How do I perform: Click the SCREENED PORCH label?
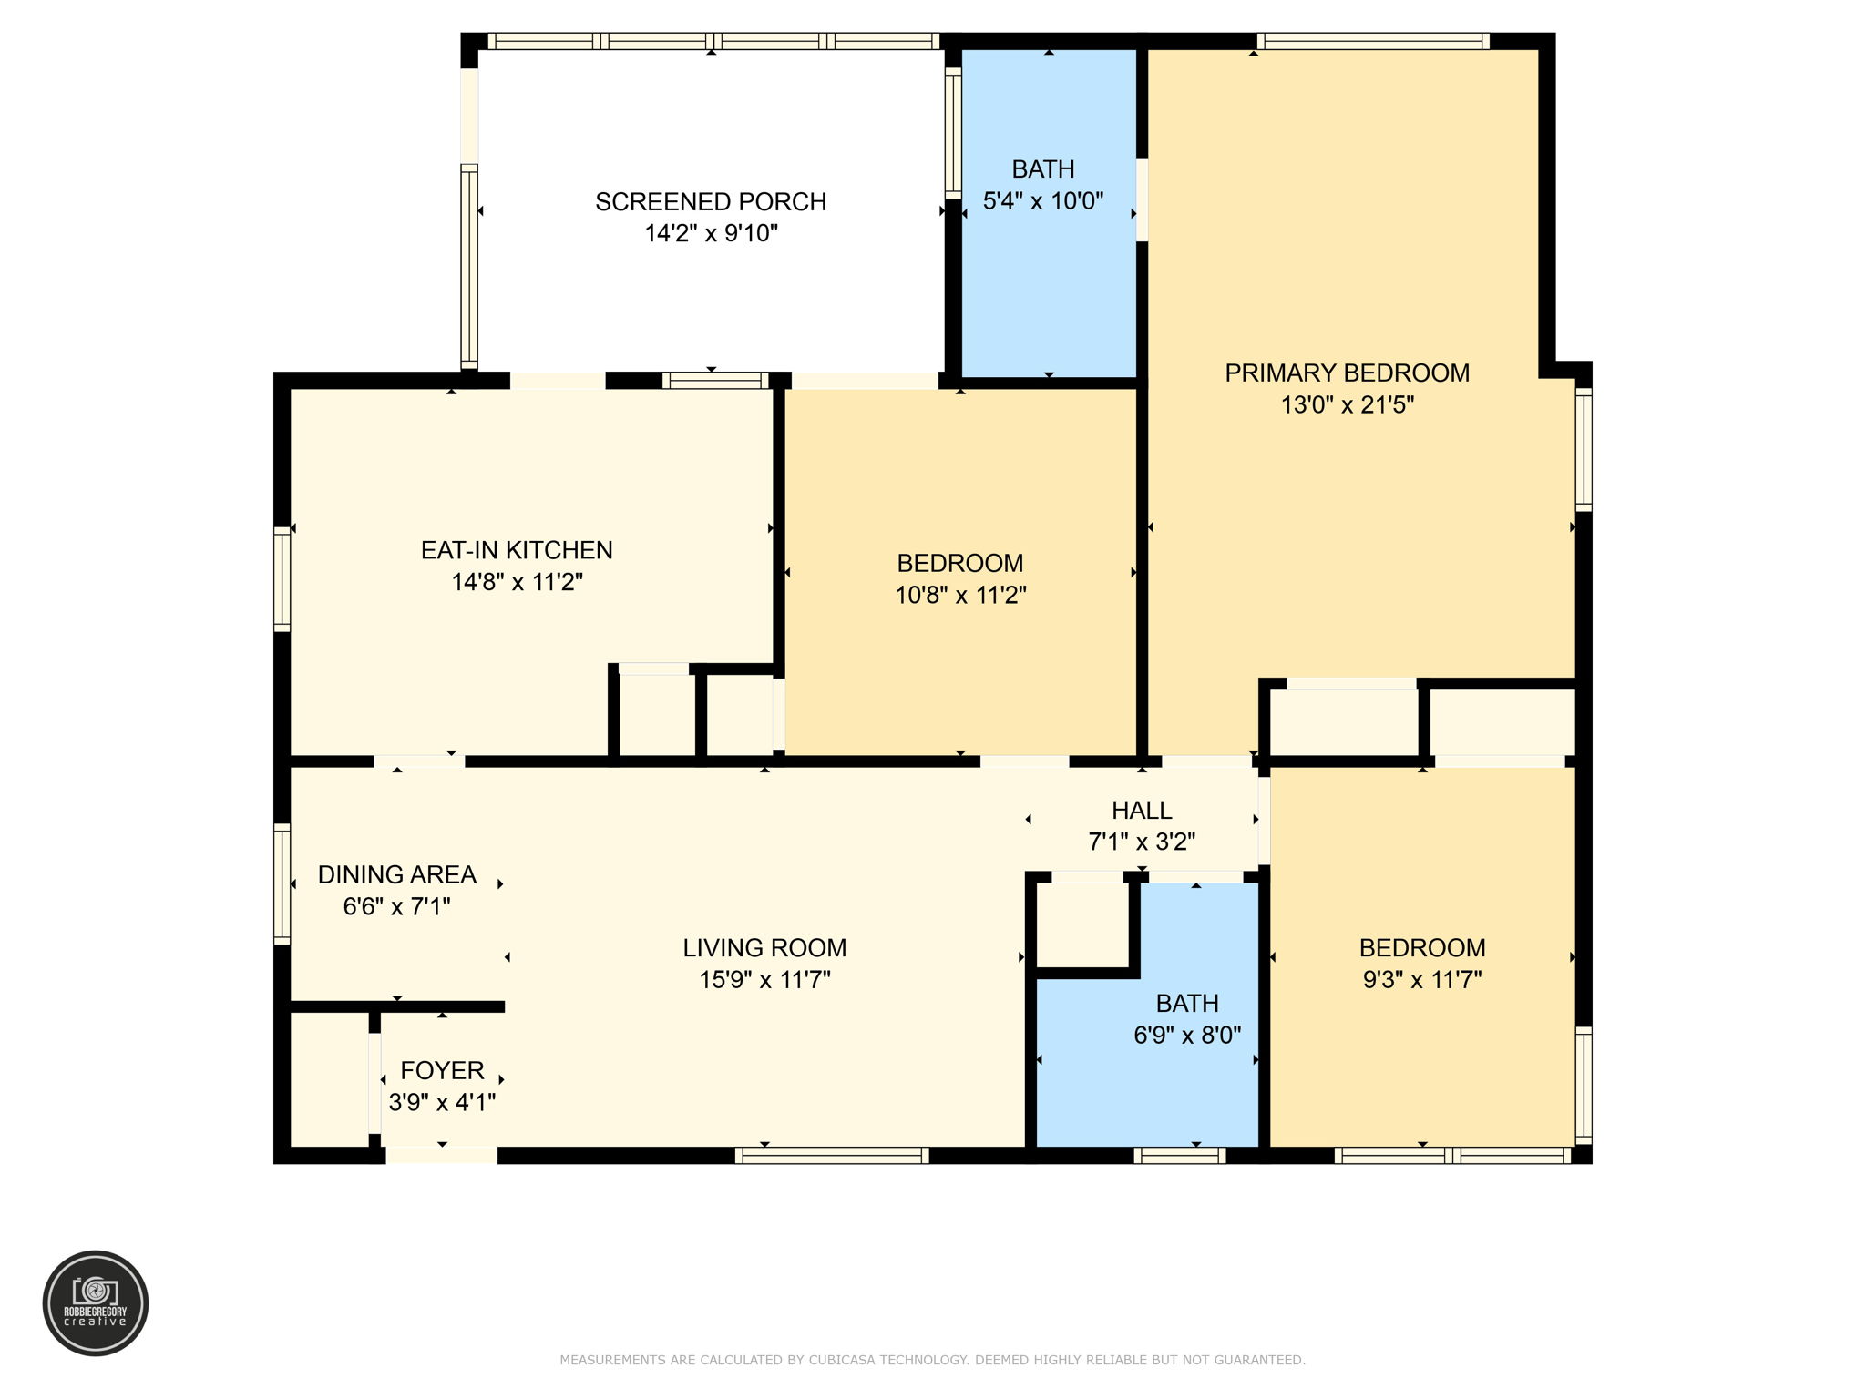[711, 201]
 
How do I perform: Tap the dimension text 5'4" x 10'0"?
[1043, 201]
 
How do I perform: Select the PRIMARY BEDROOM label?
[1347, 373]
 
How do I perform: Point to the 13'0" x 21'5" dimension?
[1347, 404]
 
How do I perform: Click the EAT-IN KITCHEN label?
[517, 550]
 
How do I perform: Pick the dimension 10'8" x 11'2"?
[960, 595]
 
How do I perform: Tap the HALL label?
[1142, 810]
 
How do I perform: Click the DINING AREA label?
[397, 874]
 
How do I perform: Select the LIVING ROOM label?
[764, 948]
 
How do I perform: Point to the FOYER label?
[442, 1070]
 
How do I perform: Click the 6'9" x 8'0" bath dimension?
[1187, 1035]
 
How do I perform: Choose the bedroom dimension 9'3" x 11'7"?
[1421, 979]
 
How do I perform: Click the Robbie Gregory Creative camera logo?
[96, 1302]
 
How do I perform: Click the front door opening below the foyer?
[442, 1156]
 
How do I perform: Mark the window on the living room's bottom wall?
[832, 1156]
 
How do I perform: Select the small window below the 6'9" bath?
[1180, 1156]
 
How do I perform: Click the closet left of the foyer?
[329, 1079]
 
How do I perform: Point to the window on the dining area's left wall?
[282, 883]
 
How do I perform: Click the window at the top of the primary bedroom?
[1373, 41]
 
